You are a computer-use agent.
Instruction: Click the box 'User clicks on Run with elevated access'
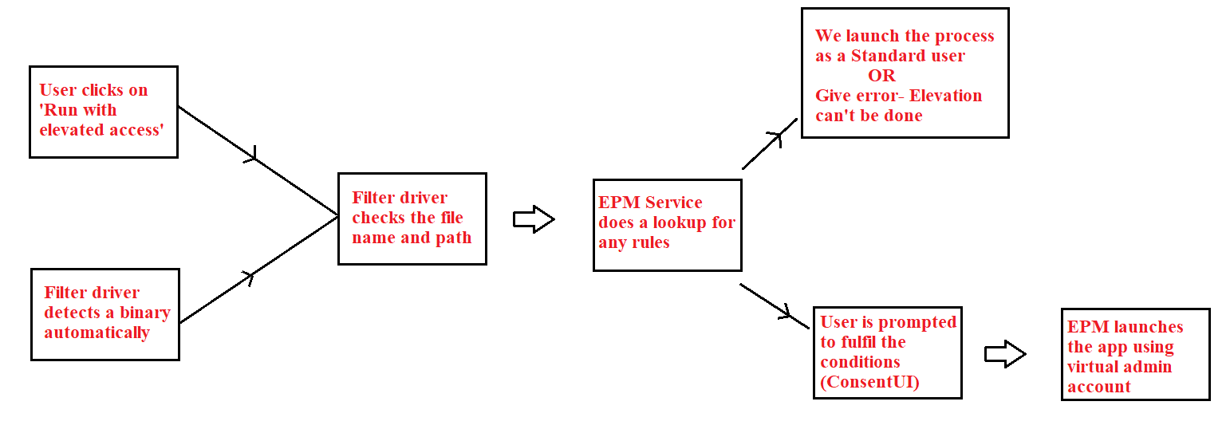103,112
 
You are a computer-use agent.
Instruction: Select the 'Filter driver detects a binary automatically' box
104,314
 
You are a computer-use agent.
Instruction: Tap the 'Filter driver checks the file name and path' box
412,218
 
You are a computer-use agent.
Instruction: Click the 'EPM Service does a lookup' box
667,224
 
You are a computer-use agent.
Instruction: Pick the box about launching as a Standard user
905,73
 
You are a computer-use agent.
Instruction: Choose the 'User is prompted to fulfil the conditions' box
887,352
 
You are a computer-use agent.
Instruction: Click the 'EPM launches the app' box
1135,354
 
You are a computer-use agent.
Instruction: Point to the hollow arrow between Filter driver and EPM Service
533,219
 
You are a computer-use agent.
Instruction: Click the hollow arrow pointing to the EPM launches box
1004,354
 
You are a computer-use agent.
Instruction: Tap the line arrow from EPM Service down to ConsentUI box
774,305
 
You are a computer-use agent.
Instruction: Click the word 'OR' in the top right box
881,76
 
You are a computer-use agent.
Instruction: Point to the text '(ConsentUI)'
869,382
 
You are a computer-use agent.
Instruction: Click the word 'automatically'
97,333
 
